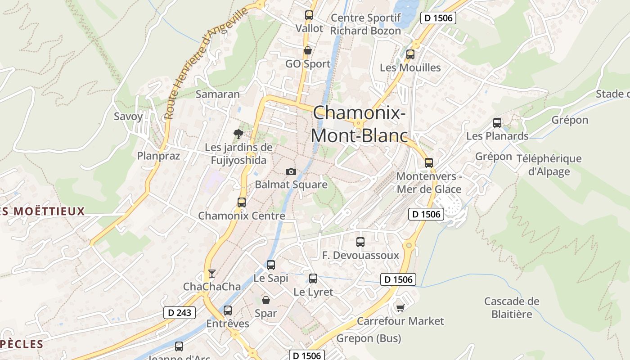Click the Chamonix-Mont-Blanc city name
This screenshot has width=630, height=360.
359,124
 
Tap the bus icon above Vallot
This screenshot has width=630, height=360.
309,15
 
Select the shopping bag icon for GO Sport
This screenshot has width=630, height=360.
308,50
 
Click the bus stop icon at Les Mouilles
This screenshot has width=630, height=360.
410,54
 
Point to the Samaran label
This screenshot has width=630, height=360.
217,94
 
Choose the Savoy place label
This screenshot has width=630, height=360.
128,117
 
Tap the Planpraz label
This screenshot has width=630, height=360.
158,156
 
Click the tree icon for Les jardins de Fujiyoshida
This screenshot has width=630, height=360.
238,134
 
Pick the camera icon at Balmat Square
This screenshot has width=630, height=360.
291,171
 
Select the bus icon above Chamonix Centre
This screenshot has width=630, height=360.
242,202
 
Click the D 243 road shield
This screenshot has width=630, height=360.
180,313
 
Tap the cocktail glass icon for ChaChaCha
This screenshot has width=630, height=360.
211,273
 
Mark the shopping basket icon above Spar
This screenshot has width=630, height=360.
266,300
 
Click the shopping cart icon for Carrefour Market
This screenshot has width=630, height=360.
400,308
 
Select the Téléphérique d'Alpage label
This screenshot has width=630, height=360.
549,165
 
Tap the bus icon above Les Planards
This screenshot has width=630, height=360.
497,122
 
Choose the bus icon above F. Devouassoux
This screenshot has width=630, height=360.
360,242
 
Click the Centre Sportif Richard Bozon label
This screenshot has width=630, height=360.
365,24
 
